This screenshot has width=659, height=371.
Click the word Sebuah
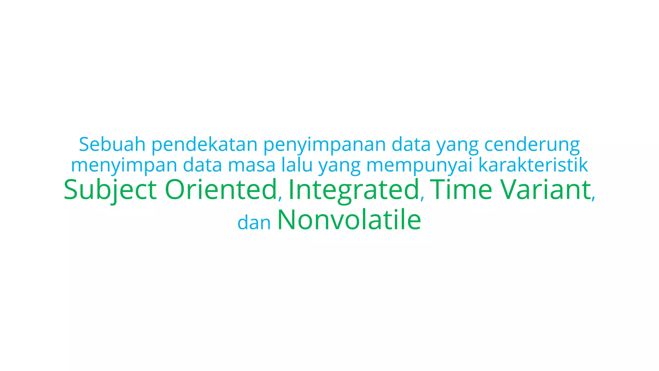coord(112,145)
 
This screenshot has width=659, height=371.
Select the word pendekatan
coord(204,145)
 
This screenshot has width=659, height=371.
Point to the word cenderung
coord(532,145)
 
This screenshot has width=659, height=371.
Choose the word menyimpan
coord(124,166)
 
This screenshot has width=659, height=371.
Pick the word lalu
coord(297,165)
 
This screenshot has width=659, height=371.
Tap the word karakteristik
coord(533,165)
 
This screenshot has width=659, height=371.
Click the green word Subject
coord(110,190)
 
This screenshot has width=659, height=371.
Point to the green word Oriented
coord(220,190)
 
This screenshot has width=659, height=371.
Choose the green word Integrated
coord(354,190)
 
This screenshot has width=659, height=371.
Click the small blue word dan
coord(254,223)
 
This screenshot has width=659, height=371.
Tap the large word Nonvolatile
coord(349,220)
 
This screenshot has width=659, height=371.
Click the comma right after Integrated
coord(422,197)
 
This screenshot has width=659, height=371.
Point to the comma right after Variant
coord(593,197)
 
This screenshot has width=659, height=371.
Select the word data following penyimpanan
coord(411,145)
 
